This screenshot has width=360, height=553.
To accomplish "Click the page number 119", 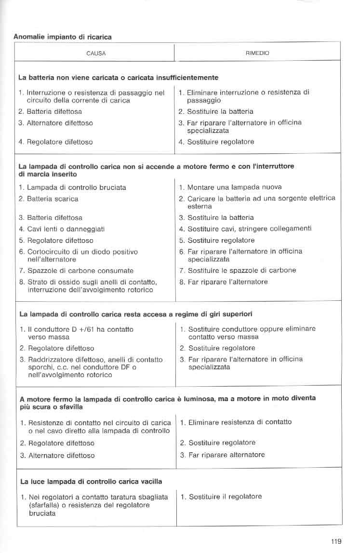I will click(x=336, y=541).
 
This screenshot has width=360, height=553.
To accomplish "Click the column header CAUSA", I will click(x=96, y=54).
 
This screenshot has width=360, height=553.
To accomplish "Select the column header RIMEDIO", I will click(x=257, y=54).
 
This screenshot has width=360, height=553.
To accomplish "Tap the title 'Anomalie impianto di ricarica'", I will click(x=63, y=37).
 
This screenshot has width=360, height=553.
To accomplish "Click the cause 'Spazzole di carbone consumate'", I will click(x=80, y=270).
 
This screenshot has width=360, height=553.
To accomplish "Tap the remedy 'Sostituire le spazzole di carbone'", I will click(x=241, y=270).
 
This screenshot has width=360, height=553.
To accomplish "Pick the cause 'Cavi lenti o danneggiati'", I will click(x=66, y=229).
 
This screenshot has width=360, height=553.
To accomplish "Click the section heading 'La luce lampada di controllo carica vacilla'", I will click(x=91, y=481).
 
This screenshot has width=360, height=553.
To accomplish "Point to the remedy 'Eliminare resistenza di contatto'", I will click(x=240, y=422).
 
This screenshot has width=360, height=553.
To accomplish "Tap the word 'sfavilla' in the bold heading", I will click(x=69, y=407).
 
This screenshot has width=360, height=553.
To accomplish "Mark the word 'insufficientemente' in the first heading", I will click(x=189, y=77).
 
